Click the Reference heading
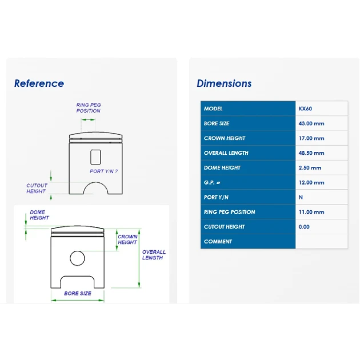39,83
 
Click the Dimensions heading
224,83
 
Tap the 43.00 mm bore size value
311,123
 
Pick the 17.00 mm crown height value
311,138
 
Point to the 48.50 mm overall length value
311,153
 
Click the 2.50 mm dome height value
310,168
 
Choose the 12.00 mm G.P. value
311,182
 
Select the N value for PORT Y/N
301,197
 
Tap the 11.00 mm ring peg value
311,212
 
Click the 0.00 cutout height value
304,227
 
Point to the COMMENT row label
218,242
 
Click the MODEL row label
213,109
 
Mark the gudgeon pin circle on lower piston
77,251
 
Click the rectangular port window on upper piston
96,150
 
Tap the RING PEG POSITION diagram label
89,108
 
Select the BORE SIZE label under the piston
78,293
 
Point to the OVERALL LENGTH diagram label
154,255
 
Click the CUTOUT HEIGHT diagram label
37,188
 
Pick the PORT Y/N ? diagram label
103,171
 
